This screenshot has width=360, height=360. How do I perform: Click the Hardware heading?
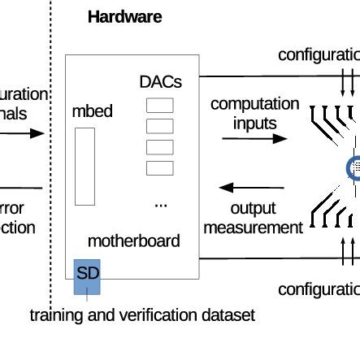(x=124, y=16)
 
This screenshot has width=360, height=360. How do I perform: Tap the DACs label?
(x=160, y=82)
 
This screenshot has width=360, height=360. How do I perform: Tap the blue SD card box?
(x=86, y=276)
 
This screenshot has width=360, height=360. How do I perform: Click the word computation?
(x=254, y=104)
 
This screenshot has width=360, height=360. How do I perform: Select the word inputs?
(x=254, y=124)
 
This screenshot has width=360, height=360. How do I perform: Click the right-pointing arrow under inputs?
(x=254, y=139)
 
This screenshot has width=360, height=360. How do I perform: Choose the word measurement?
(x=252, y=228)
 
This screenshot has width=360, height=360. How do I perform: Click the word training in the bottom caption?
(x=59, y=314)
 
